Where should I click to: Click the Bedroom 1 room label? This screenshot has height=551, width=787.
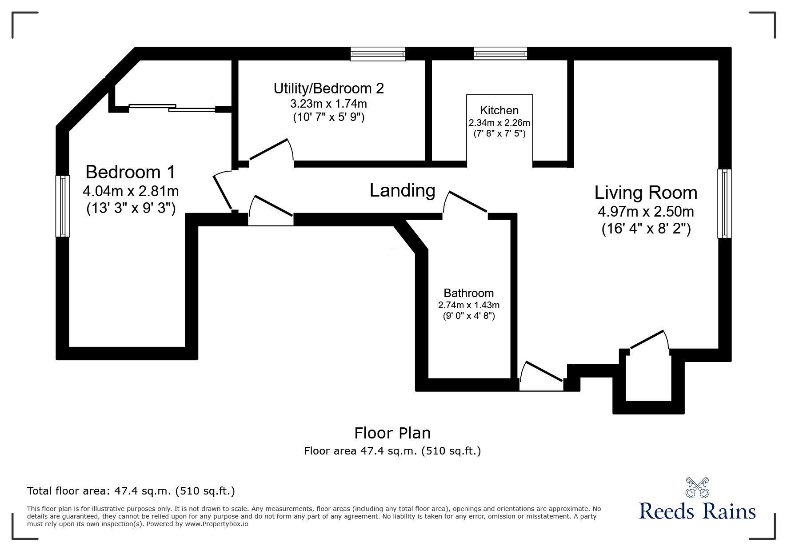(x=130, y=172)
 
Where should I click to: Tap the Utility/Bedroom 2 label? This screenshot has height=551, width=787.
(x=328, y=88)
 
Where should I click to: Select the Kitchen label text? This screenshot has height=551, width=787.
(x=499, y=110)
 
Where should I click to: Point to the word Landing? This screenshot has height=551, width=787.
(x=402, y=190)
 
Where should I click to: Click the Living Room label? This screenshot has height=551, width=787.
(x=646, y=193)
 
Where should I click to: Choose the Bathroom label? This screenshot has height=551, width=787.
(x=468, y=293)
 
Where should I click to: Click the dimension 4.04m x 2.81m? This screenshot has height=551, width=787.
(x=131, y=191)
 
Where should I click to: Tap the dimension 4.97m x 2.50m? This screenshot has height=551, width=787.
(x=646, y=211)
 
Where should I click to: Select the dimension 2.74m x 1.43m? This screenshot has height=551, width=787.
(x=468, y=305)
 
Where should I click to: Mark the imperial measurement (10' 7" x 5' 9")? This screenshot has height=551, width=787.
(x=328, y=118)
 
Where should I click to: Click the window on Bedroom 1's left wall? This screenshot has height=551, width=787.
(x=62, y=206)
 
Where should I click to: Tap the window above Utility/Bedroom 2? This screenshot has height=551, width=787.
(x=378, y=54)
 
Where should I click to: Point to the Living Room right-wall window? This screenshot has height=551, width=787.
(x=724, y=203)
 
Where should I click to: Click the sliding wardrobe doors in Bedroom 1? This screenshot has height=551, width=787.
(x=172, y=107)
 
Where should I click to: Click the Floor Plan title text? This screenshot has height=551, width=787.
(x=392, y=433)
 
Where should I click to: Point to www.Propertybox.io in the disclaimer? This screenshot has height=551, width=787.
(x=216, y=524)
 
